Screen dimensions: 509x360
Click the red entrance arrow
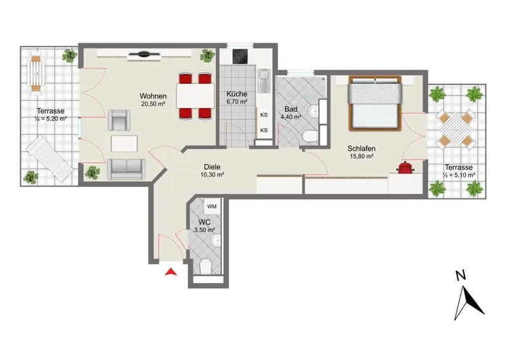[x=171, y=272]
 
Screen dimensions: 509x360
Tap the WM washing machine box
[x=212, y=207]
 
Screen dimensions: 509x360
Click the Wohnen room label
[x=153, y=96]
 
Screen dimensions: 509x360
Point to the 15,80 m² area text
[x=361, y=156]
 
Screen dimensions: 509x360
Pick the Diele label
[x=213, y=167]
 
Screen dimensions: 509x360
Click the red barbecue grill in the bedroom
[x=405, y=168]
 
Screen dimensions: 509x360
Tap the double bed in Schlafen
[x=375, y=103]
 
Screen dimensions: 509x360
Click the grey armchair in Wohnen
[x=119, y=120]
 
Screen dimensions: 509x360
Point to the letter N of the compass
[x=461, y=275]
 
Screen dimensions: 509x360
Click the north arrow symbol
[x=469, y=303]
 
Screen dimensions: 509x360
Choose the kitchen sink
[x=263, y=80]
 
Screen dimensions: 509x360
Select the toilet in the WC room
[x=206, y=267]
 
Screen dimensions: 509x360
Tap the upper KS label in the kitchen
[x=264, y=115]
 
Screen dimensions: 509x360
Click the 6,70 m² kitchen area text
[x=237, y=102]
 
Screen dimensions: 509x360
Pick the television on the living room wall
[x=144, y=54]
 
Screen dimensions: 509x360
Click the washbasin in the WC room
[x=215, y=241]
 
